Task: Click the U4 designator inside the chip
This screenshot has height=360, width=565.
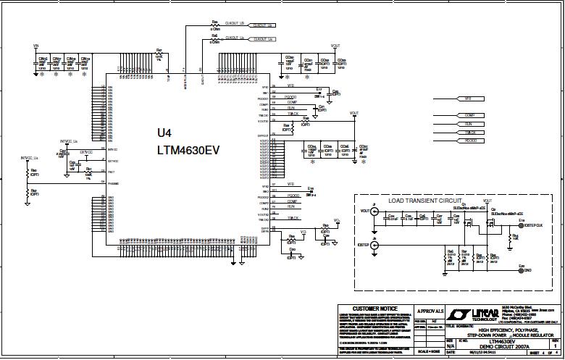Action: click(x=165, y=133)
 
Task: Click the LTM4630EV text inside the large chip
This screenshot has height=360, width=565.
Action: click(x=188, y=151)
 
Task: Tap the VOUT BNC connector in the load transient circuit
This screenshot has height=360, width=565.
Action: click(x=374, y=211)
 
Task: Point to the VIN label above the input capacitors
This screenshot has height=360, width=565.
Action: click(x=35, y=45)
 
